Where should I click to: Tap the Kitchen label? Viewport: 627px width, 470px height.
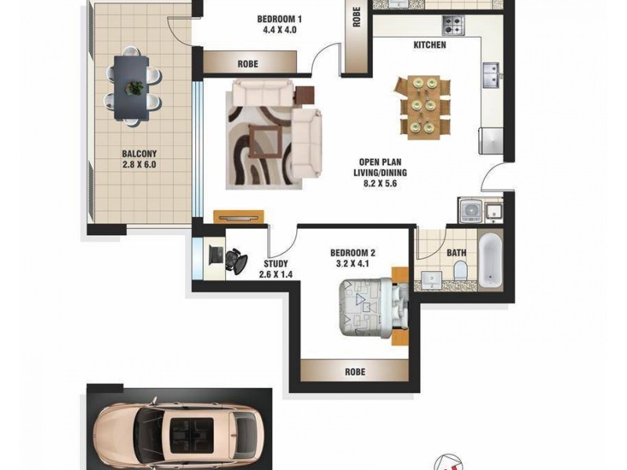click(x=429, y=45)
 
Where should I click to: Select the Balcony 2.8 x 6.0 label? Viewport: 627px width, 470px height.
click(x=139, y=160)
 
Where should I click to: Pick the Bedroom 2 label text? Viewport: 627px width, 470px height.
click(x=353, y=258)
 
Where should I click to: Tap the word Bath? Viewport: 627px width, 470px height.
click(x=457, y=253)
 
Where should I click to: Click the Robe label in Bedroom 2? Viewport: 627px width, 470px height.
click(x=354, y=372)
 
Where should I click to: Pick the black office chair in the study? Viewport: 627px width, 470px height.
click(x=234, y=259)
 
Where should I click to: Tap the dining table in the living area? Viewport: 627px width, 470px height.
click(x=423, y=105)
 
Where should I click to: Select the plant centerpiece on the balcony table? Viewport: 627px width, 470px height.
click(x=136, y=86)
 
